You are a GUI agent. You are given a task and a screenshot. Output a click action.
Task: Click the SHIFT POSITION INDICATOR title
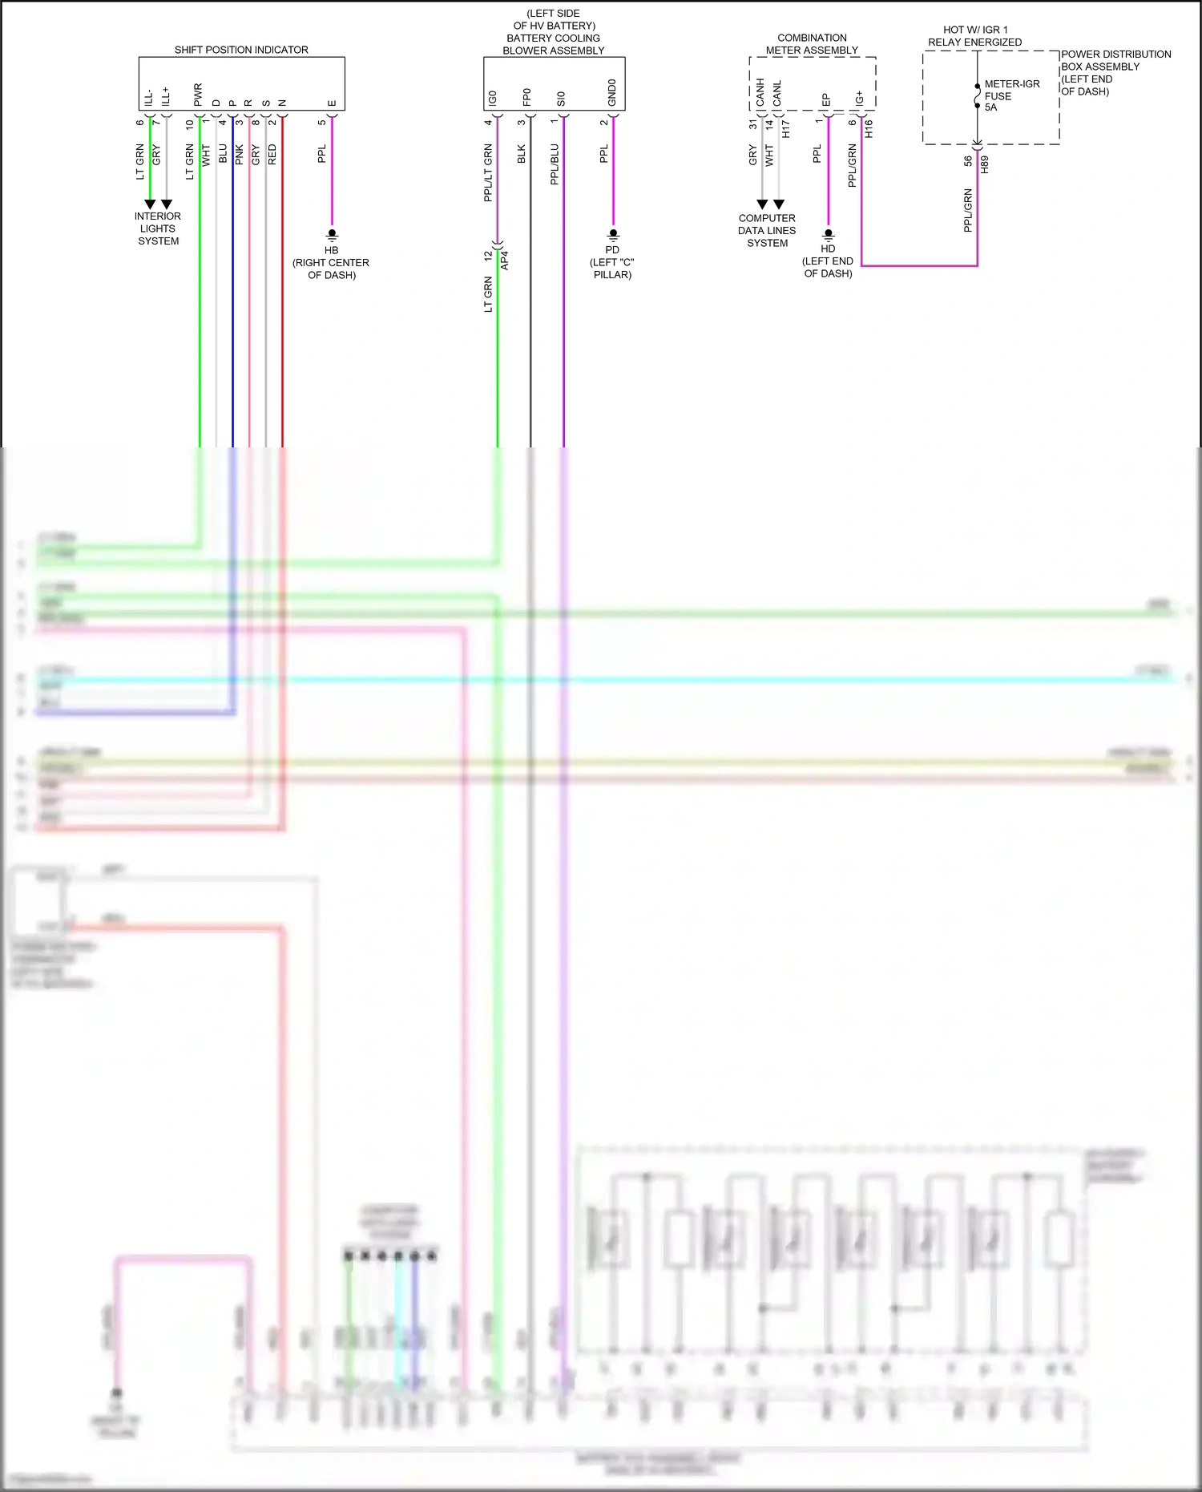241,50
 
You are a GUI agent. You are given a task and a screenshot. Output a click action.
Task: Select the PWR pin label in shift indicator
198,95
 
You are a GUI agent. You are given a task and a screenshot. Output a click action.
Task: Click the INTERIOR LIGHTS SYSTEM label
158,228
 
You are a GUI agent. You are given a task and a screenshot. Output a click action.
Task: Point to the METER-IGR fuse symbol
978,95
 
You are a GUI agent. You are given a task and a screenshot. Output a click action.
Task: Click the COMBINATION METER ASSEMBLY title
812,44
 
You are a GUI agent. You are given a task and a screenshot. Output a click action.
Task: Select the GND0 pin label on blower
612,92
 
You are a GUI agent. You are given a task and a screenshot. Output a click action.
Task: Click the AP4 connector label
505,260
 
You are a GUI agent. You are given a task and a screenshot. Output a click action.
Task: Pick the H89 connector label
985,164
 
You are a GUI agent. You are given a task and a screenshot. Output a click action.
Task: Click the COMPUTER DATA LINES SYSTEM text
767,230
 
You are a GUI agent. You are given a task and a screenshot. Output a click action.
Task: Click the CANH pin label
760,92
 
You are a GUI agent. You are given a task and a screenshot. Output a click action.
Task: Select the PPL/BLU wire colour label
555,164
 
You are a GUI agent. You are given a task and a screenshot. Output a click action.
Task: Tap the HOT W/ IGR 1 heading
975,30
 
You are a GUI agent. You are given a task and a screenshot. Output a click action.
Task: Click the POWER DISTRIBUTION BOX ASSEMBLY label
1115,72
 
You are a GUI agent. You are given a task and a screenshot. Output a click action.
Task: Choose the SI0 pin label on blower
561,98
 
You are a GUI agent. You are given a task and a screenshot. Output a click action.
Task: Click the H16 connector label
869,128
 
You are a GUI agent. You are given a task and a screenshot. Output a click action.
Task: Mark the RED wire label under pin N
272,155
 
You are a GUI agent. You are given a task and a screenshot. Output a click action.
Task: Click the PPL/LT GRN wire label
488,172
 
